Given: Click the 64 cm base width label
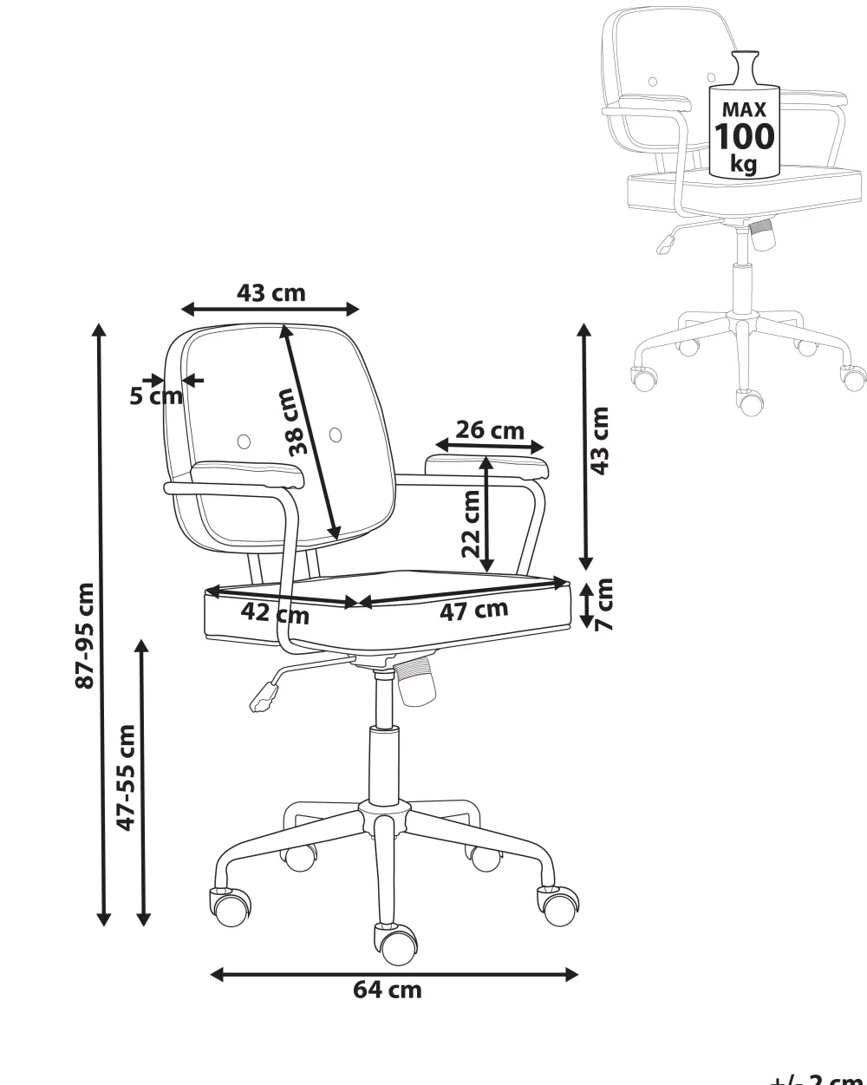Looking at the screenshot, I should [x=388, y=990].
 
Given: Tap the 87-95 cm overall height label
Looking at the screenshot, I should [x=84, y=636].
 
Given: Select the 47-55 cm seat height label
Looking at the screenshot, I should [x=127, y=777].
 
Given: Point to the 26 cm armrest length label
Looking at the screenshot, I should [x=490, y=429].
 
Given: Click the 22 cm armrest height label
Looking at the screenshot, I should [x=471, y=523].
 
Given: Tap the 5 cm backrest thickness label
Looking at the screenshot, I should [x=156, y=396].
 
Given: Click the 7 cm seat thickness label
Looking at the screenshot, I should [x=604, y=604].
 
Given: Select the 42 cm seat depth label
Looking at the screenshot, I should [x=274, y=612].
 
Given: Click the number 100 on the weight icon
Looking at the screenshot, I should [x=744, y=136].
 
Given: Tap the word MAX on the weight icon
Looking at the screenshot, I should [x=744, y=110].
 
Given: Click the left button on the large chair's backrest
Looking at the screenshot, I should [x=244, y=440].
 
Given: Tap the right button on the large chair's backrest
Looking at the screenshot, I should [x=336, y=434].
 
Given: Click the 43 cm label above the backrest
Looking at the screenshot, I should [x=271, y=292].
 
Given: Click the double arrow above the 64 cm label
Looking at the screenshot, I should [x=394, y=974].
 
